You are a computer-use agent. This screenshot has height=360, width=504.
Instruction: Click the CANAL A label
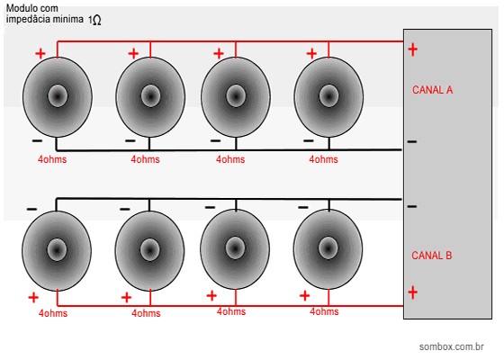point(432,90)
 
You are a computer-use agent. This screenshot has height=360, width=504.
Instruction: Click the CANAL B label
point(432,256)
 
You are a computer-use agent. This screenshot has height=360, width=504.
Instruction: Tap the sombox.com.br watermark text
point(451,346)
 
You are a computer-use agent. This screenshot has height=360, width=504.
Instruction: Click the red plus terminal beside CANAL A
point(413,49)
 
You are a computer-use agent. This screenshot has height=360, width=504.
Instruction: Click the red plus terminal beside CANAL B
point(413,292)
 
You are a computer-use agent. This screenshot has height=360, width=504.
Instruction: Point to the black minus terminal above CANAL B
point(412,206)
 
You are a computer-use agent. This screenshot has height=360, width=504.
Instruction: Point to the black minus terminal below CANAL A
point(412,141)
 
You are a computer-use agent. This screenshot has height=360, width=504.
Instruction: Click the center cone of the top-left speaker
point(58,95)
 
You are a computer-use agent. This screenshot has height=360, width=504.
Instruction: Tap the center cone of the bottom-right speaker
point(328,248)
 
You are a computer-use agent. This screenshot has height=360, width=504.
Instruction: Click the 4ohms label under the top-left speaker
point(52,159)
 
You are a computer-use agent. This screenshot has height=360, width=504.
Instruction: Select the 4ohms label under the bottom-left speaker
point(53,313)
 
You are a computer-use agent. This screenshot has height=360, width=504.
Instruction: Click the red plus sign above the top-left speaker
point(40,53)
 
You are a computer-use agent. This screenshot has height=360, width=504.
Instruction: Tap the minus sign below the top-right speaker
point(308,140)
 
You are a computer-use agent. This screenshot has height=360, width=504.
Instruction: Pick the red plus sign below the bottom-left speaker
point(33,298)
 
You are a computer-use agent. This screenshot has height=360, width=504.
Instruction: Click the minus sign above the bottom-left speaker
point(31,209)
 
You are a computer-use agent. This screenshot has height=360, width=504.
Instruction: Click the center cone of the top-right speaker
point(328,95)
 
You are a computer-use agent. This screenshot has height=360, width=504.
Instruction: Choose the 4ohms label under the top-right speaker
point(323,159)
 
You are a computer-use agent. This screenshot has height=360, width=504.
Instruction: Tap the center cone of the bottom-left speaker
point(57,250)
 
